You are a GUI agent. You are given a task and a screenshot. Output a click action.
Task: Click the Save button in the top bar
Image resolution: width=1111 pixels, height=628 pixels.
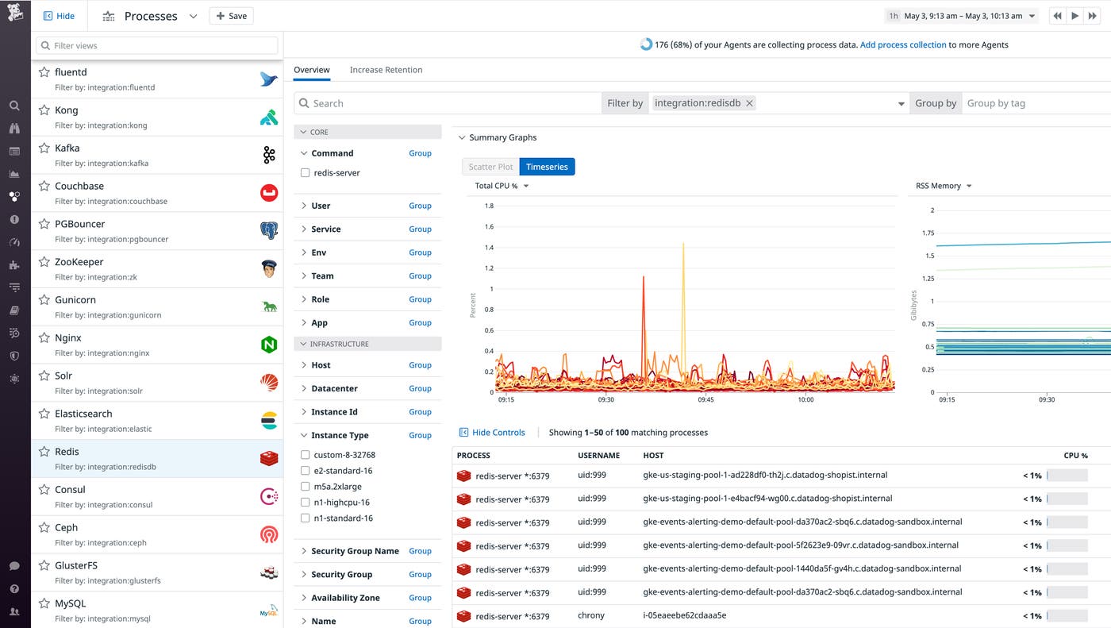(x=231, y=16)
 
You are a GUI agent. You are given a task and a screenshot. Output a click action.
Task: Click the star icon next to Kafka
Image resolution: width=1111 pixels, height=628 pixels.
(x=44, y=148)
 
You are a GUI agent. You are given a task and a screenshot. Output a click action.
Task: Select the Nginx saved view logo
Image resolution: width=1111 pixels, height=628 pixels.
(x=269, y=345)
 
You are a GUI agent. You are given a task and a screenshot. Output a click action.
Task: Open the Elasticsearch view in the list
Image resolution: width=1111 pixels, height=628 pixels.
(x=83, y=414)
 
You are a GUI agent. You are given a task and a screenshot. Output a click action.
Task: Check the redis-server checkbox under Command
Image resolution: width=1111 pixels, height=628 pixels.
(x=306, y=173)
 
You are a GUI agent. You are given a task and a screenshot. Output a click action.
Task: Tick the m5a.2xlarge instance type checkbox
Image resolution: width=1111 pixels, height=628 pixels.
(x=306, y=487)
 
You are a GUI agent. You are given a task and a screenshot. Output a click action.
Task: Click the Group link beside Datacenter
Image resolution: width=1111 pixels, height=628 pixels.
(x=420, y=388)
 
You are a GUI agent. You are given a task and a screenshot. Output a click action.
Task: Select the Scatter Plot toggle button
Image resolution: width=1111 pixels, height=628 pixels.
(x=490, y=167)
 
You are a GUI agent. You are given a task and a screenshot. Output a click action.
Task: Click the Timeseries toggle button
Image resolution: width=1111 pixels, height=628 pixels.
(x=547, y=167)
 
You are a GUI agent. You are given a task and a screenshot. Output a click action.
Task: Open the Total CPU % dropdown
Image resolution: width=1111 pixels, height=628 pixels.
(x=502, y=186)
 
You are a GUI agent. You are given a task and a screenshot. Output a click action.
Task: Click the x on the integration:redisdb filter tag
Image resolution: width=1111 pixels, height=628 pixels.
(x=749, y=103)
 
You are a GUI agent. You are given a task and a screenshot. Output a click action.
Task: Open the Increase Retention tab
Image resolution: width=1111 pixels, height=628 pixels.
(x=386, y=70)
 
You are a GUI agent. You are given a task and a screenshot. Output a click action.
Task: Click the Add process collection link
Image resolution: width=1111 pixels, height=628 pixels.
(x=903, y=45)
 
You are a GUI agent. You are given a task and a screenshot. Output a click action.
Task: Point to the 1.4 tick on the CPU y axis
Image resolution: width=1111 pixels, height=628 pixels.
(x=489, y=248)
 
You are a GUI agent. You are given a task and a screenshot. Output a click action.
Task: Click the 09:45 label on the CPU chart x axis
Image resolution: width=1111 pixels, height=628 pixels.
(x=705, y=400)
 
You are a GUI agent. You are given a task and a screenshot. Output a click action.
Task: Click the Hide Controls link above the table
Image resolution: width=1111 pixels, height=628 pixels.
(x=498, y=433)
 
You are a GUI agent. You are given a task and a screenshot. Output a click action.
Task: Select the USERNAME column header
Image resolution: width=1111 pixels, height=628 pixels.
(x=598, y=456)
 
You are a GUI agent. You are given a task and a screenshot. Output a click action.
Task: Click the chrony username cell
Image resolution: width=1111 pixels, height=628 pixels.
(x=591, y=615)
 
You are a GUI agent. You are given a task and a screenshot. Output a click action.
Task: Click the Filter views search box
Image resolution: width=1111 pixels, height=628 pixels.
(x=157, y=46)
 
